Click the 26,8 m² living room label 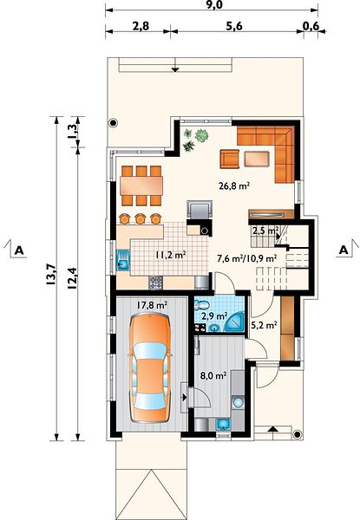234,185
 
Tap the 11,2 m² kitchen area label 171,255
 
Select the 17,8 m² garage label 152,305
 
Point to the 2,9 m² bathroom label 214,316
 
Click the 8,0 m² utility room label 213,376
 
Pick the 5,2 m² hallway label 264,325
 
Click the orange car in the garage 150,368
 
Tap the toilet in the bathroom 202,305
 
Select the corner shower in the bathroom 234,322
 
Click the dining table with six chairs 141,185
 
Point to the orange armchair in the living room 229,159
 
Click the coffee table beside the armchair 257,159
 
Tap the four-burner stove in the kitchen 155,283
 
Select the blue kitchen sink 123,261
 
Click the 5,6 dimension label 234,26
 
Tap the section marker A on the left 19,250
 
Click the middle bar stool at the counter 140,218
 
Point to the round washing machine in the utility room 238,403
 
